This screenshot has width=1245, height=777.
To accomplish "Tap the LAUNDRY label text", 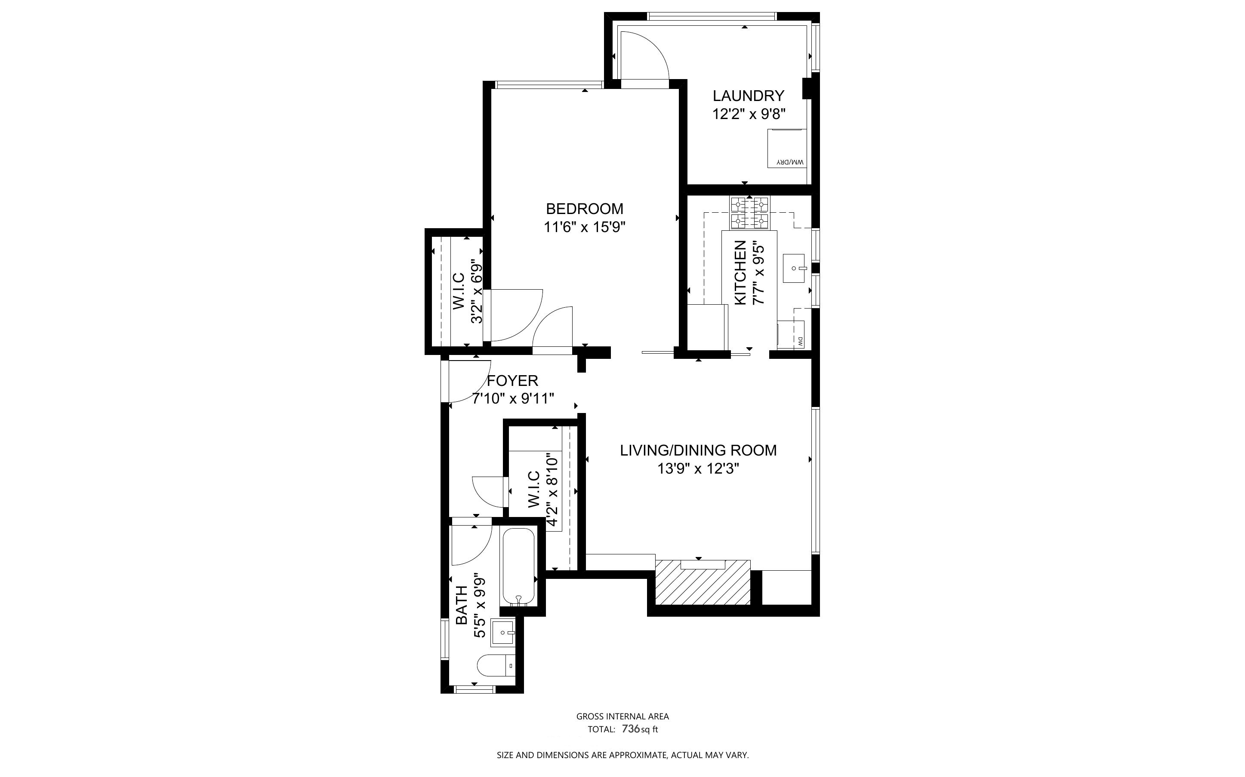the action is [748, 95].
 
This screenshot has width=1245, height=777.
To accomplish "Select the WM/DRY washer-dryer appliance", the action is [787, 148].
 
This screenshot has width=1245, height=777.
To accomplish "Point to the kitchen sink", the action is [795, 268].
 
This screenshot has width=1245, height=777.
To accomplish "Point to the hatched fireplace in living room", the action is [703, 582].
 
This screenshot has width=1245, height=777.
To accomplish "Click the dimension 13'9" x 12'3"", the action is [698, 469].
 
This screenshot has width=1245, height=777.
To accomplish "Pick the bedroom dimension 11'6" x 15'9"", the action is [584, 226].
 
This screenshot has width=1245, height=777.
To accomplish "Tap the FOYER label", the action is [512, 381].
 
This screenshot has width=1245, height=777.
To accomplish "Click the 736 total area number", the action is [631, 729].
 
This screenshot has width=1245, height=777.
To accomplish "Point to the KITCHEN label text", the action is [740, 273].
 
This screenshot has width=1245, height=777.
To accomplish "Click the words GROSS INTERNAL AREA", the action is [622, 716].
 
